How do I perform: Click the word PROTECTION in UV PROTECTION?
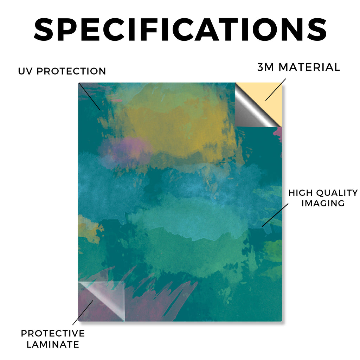pos(71,71)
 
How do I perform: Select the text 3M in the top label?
pos(266,67)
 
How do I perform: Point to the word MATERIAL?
pos(309,67)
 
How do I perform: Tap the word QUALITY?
pos(337,193)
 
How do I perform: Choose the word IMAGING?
pos(323,203)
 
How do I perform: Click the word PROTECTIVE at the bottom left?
pos(53,333)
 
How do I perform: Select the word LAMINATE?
pos(53,345)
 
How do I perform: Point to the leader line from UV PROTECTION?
pos(90,97)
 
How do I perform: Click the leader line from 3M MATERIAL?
pos(276,90)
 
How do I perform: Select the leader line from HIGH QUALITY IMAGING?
pos(275,215)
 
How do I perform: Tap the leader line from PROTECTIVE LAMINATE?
pos(83,313)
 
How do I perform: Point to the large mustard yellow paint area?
pos(174,129)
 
